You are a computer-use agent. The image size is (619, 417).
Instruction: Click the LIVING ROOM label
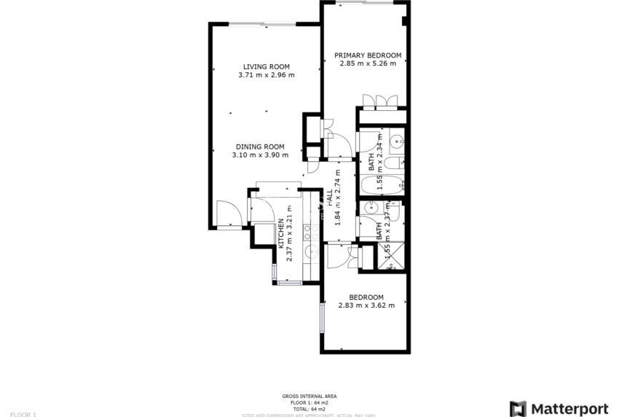(x=266, y=66)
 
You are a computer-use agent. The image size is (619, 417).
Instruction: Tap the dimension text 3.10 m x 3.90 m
(x=260, y=155)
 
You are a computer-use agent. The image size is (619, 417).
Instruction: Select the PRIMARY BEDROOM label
(x=368, y=55)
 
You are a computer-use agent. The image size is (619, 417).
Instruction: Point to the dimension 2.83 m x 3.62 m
(x=366, y=305)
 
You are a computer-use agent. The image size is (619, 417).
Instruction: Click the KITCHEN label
(x=280, y=233)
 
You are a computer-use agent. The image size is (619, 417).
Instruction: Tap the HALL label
(x=329, y=196)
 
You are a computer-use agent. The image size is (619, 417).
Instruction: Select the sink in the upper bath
(x=395, y=141)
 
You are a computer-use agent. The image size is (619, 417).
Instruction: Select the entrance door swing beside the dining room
(x=229, y=214)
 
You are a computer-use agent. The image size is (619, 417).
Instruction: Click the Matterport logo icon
(x=518, y=408)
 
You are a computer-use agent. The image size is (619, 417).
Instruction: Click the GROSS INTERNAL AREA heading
(x=309, y=396)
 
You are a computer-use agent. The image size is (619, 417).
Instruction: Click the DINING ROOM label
(x=260, y=147)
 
